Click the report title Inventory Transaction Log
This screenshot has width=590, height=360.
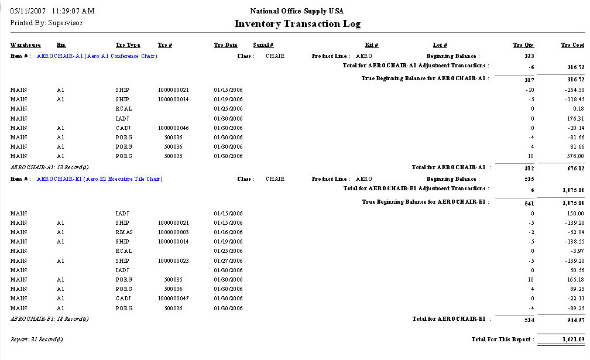[x=297, y=24]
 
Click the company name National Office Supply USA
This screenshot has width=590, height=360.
[x=297, y=11]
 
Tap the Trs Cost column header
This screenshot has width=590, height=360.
[x=572, y=45]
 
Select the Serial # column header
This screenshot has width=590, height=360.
[x=263, y=45]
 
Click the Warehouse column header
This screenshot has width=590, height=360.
[x=25, y=45]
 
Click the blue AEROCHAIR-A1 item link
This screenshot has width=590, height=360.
[x=97, y=56]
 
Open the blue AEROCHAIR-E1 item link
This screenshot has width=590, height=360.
[x=100, y=179]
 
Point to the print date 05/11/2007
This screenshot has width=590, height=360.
[x=29, y=11]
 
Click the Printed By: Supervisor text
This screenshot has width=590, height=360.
[x=46, y=23]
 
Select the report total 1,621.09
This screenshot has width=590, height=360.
[x=571, y=340]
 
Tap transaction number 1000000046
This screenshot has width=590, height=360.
[x=173, y=128]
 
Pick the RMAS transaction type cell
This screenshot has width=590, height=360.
[x=124, y=232]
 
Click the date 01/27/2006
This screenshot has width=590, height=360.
[x=228, y=261]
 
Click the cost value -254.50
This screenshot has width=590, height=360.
[x=573, y=90]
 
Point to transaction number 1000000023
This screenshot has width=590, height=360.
[x=173, y=261]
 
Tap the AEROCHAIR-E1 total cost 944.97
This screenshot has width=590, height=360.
[x=573, y=320]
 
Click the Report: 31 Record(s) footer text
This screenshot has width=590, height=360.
[x=37, y=340]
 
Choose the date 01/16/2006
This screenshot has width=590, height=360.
[x=228, y=232]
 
